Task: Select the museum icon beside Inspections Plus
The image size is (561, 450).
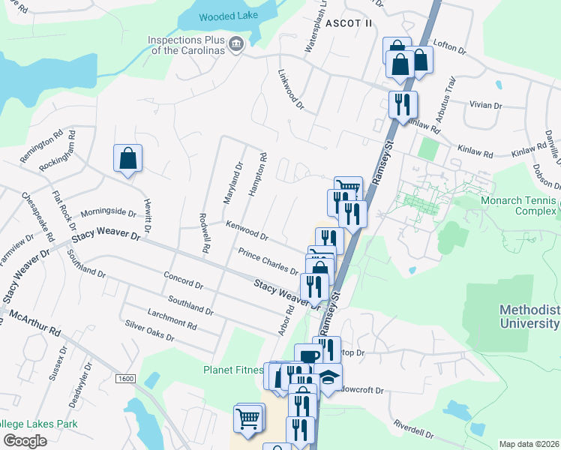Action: tap(236, 44)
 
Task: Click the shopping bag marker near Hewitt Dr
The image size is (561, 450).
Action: tap(128, 158)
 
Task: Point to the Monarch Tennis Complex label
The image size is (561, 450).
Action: tap(525, 205)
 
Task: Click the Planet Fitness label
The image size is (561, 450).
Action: tap(233, 370)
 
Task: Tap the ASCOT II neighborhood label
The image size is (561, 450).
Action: tap(348, 23)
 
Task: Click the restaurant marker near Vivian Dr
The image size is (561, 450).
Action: tap(403, 104)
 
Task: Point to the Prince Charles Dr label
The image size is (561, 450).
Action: tap(268, 262)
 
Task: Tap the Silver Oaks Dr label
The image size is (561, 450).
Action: tap(149, 331)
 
